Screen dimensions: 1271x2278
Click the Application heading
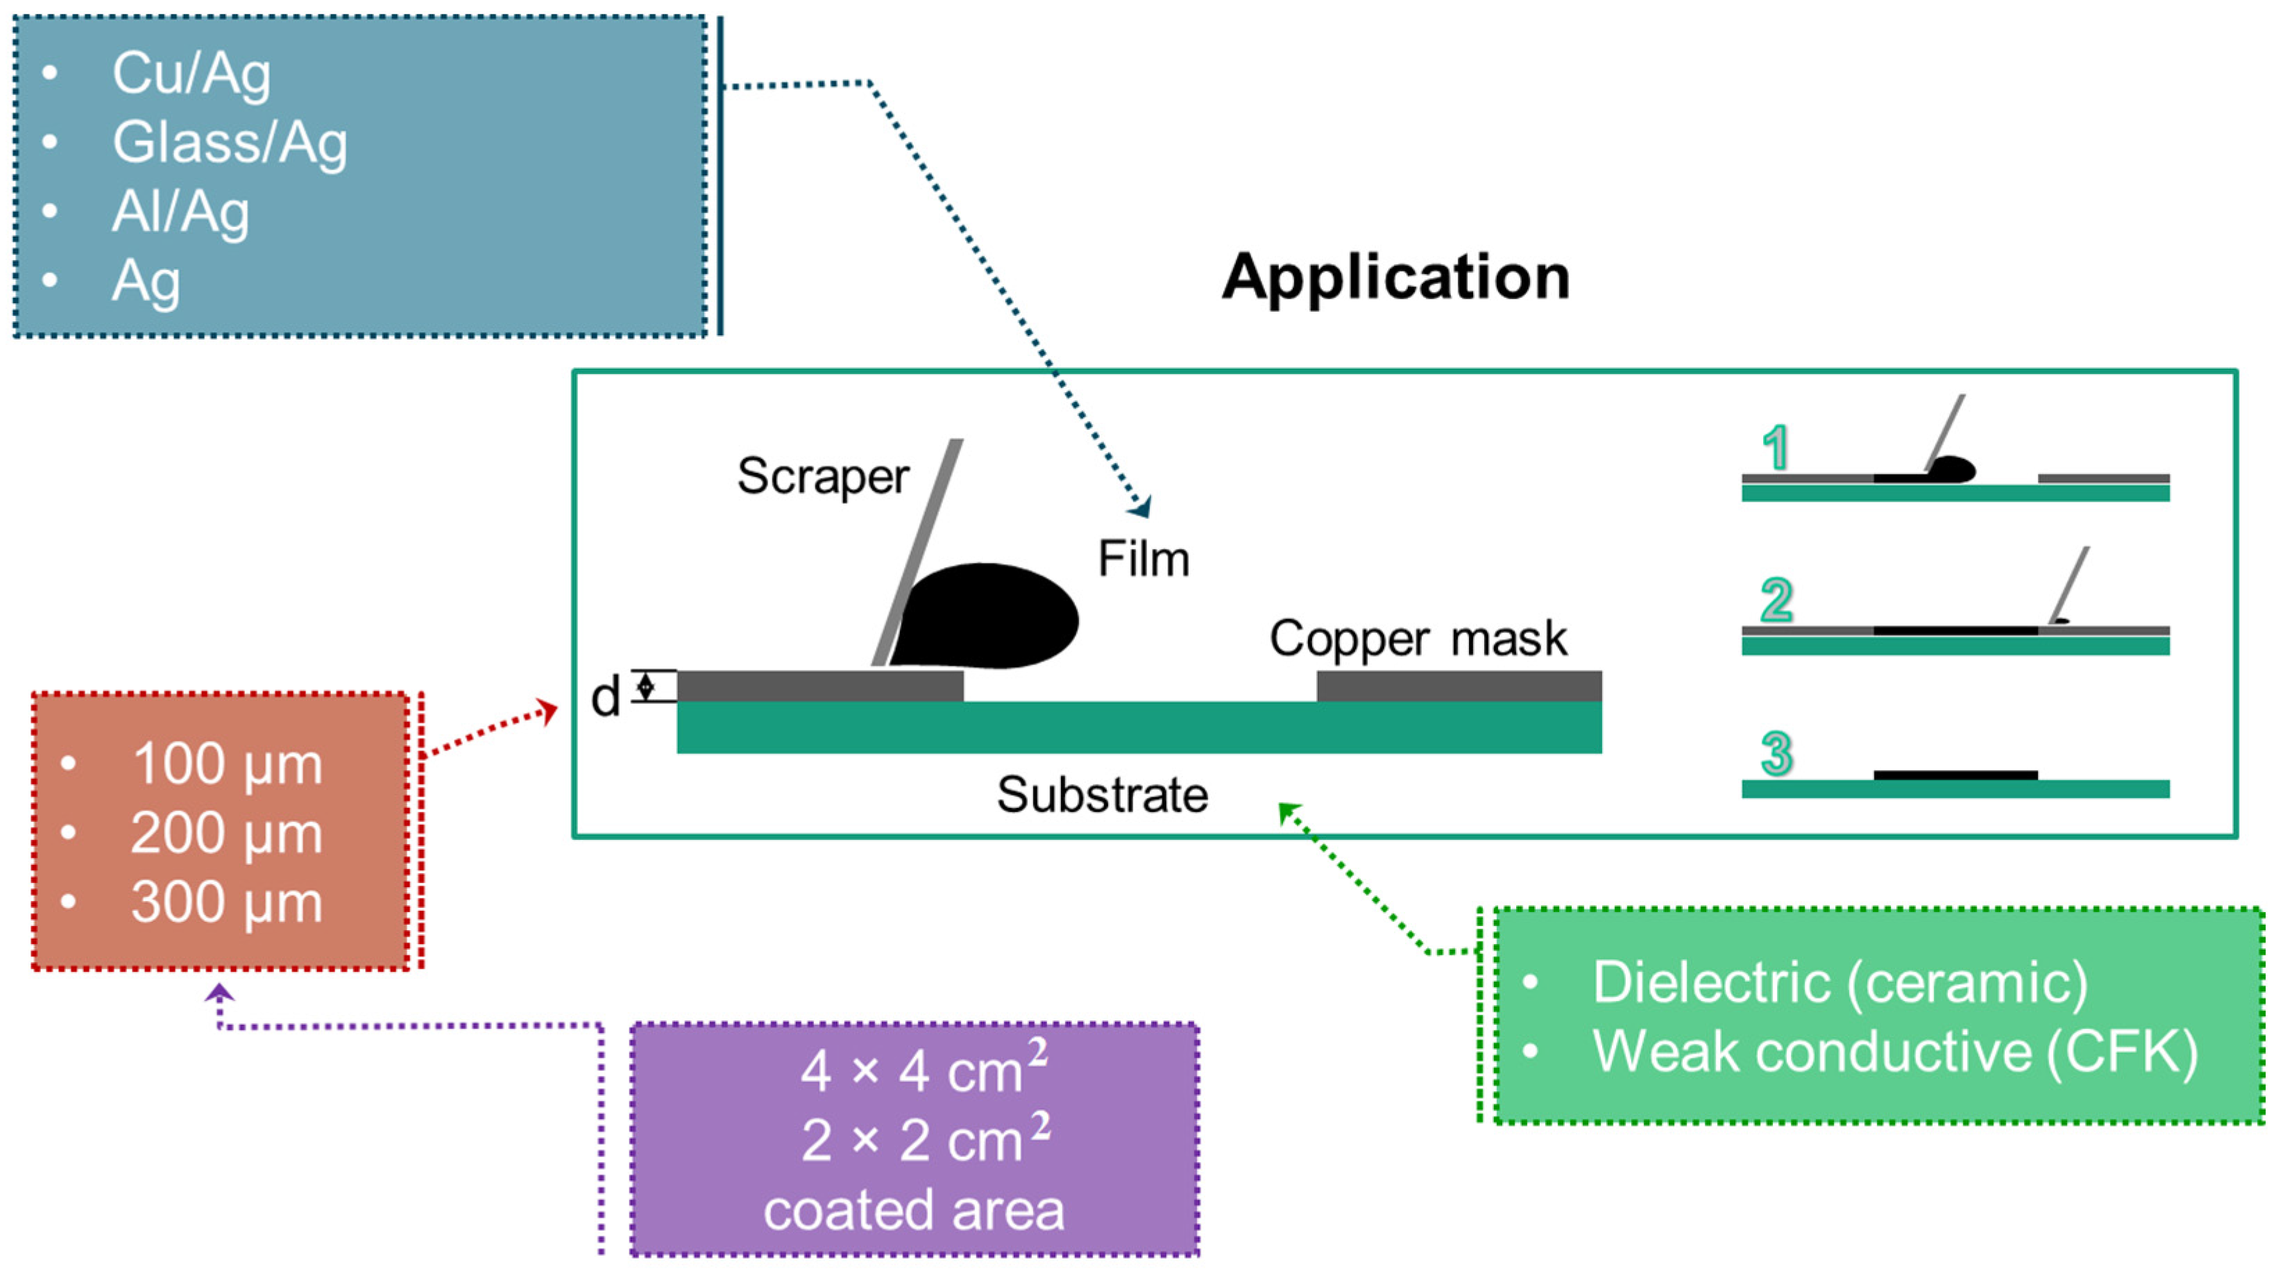click(x=1395, y=277)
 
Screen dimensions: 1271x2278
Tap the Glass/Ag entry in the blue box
click(x=230, y=142)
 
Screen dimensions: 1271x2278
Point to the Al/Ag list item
click(x=180, y=212)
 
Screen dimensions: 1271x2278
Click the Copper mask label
click(x=1418, y=638)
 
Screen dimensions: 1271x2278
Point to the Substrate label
click(x=1102, y=794)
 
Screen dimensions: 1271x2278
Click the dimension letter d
click(x=606, y=698)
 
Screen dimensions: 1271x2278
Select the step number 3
click(x=1776, y=755)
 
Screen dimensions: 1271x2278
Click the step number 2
click(x=1776, y=600)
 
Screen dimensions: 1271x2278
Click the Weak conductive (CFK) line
click(x=1894, y=1051)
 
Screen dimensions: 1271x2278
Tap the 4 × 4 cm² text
click(x=922, y=1071)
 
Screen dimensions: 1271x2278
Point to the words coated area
click(x=914, y=1210)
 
